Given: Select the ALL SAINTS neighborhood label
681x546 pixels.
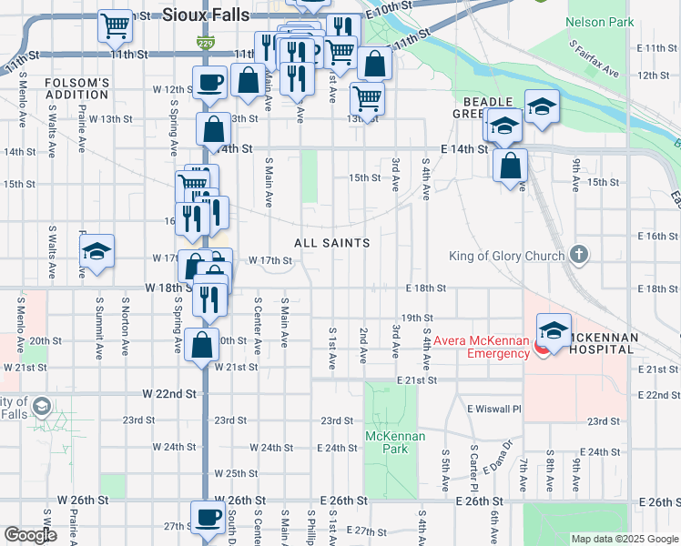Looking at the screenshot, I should (x=331, y=243).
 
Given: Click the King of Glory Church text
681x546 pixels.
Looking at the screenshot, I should (x=506, y=256).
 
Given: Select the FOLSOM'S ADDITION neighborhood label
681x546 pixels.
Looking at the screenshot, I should (x=76, y=89).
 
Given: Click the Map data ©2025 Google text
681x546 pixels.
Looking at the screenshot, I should (x=625, y=539).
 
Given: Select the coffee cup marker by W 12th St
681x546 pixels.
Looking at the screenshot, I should (x=208, y=82).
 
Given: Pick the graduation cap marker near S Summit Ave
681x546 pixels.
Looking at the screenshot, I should (x=97, y=253).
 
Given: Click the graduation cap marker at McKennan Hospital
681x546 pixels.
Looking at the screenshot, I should (x=554, y=329).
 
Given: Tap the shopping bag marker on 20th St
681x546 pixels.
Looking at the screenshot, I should (x=201, y=344).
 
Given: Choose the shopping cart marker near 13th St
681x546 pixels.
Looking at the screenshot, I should (x=366, y=96).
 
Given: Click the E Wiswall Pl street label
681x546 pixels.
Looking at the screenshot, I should (x=493, y=409).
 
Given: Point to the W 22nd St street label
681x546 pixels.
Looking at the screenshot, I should (x=170, y=393).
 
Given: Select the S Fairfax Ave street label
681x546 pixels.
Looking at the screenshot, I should (x=594, y=59).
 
